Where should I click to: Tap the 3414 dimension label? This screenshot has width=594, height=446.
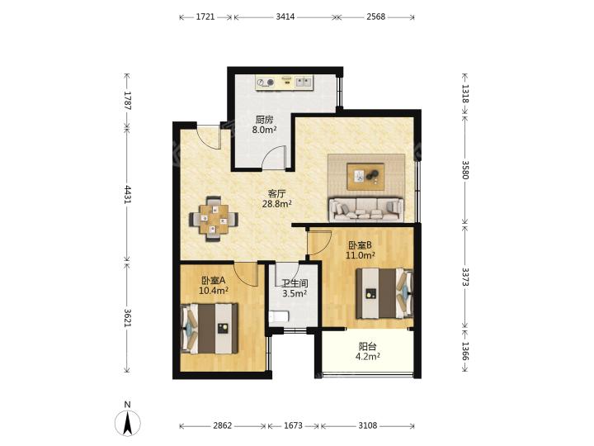(285, 17)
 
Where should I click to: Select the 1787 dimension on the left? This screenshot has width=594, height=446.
(127, 101)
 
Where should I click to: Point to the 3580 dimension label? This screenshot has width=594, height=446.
(465, 169)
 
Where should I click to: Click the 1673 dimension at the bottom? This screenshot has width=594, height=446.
(293, 426)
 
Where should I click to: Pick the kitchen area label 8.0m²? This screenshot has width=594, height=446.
(265, 130)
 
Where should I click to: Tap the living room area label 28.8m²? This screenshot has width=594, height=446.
(277, 204)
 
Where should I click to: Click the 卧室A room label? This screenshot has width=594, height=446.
(214, 281)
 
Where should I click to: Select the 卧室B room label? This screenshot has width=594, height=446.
(360, 245)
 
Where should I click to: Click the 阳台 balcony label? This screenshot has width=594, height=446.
(367, 346)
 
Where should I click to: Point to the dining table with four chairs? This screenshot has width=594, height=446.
(214, 219)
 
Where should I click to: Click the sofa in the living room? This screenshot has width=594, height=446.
(366, 209)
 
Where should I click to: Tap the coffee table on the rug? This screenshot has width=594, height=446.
(365, 177)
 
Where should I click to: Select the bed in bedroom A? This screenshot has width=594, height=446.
(210, 329)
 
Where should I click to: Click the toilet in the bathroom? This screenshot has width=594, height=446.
(279, 316)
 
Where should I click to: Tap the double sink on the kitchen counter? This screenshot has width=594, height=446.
(304, 82)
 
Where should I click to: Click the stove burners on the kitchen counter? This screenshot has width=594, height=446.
(266, 82)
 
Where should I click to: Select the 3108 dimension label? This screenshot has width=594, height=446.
(368, 426)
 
